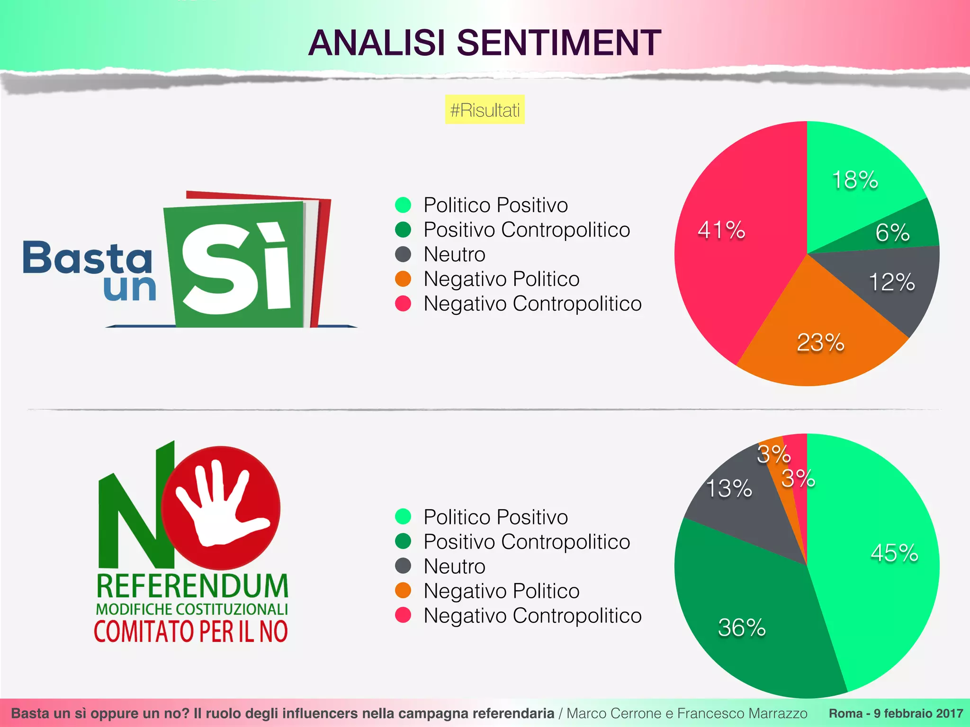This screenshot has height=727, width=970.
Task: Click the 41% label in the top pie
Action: [x=721, y=231]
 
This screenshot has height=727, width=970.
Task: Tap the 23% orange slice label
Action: [x=820, y=343]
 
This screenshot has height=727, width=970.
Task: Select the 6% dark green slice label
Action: [x=892, y=232]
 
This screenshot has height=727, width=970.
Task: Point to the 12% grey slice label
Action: [x=891, y=282]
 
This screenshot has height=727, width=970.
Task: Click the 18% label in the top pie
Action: [x=855, y=180]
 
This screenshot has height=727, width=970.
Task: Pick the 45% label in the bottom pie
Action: [x=894, y=553]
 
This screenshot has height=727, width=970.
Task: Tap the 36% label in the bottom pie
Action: [x=742, y=628]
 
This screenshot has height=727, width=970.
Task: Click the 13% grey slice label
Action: [x=728, y=488]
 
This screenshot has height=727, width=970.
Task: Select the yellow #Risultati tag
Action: [x=485, y=110]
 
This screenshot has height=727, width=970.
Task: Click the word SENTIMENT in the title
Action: [x=559, y=43]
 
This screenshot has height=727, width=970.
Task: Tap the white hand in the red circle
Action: [x=221, y=506]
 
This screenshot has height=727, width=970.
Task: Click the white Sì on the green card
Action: [x=236, y=267]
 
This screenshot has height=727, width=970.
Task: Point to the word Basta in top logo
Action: [x=88, y=258]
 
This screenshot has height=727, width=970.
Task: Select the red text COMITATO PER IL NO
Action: [x=191, y=631]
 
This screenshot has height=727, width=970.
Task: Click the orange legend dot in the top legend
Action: [x=403, y=279]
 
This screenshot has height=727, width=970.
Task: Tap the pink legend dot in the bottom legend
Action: [x=403, y=615]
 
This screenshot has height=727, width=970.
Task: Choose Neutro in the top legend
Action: [x=454, y=255]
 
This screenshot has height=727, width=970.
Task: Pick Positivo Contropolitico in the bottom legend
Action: [x=526, y=542]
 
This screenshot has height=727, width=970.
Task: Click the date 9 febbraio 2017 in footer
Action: [x=918, y=713]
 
